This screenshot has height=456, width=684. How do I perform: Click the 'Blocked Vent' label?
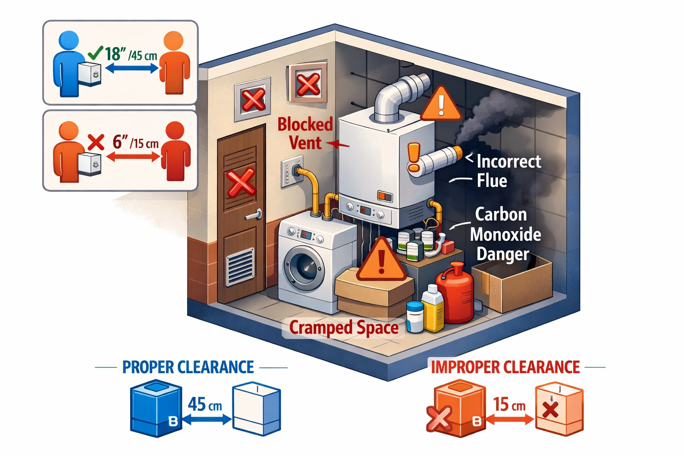click(x=305, y=134)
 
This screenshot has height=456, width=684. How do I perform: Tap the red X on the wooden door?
click(x=241, y=182)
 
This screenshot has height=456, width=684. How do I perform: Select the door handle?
click(x=252, y=216)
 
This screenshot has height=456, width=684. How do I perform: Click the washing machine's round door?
click(x=305, y=268)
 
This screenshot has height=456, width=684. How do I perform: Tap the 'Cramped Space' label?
click(x=344, y=328)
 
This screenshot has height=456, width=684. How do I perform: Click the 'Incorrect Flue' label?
click(x=508, y=171)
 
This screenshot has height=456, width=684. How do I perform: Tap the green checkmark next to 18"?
click(x=95, y=53)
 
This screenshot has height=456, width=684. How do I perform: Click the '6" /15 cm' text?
click(x=135, y=143)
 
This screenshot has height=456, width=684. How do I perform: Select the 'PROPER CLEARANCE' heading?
click(x=188, y=367)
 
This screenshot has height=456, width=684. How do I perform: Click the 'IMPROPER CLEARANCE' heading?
click(x=505, y=367)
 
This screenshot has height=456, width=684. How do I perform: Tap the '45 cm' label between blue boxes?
click(x=204, y=404)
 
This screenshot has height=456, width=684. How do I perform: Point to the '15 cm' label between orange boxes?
click(x=509, y=404)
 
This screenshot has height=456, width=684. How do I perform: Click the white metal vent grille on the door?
click(x=240, y=267)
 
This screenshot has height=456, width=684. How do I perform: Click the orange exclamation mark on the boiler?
click(x=414, y=157)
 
